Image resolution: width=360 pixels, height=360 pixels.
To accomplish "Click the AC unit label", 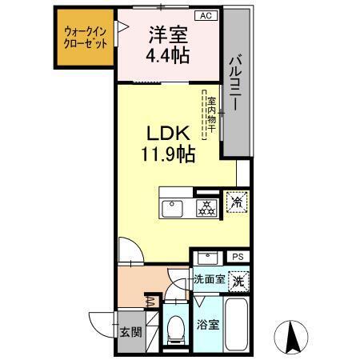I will [x=206, y=15].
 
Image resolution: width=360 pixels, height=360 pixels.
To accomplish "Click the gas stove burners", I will [x=207, y=207].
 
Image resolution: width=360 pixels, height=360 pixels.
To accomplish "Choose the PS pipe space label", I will [x=237, y=256].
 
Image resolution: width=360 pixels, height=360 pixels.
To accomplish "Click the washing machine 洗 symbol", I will [x=238, y=281].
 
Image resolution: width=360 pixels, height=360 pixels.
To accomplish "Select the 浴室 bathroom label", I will [x=207, y=326].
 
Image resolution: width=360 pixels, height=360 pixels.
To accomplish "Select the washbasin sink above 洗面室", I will [x=208, y=258].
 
